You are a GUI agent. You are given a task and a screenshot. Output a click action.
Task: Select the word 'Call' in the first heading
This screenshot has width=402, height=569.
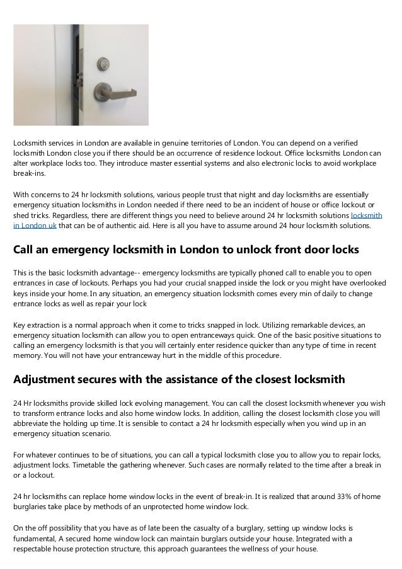[x=25, y=250]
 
